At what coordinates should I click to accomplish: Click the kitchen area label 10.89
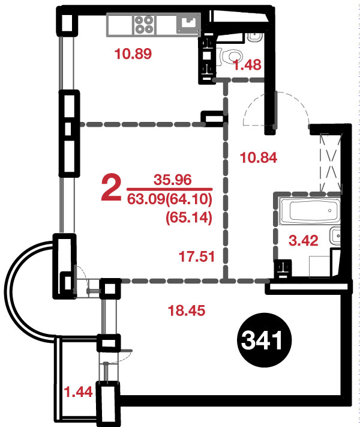(133, 53)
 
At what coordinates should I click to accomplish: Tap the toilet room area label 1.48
(247, 65)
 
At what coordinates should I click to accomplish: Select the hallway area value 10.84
(259, 158)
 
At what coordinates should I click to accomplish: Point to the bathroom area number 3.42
(304, 241)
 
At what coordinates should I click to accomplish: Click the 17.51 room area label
(197, 256)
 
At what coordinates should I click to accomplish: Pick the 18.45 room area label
(187, 310)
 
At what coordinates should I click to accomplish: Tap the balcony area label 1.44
(78, 392)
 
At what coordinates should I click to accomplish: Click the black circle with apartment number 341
(263, 341)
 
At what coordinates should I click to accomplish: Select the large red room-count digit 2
(111, 189)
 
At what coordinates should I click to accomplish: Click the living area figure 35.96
(173, 180)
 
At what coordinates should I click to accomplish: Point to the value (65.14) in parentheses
(189, 217)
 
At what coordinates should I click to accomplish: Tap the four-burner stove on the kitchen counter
(144, 24)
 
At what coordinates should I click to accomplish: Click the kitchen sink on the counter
(188, 24)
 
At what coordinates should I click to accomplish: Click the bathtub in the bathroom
(310, 211)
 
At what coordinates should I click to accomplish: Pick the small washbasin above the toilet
(254, 37)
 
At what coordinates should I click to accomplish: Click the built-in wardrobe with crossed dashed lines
(331, 162)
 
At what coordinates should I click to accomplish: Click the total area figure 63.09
(146, 199)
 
